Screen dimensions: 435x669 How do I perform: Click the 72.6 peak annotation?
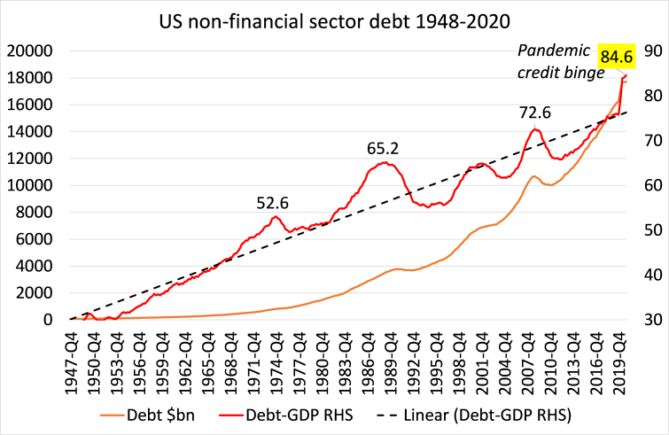pos(535,113)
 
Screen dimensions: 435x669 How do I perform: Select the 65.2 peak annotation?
pos(383,148)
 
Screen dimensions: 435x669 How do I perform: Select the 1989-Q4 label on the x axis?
pos(393,359)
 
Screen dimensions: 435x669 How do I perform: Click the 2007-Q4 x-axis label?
pos(531,359)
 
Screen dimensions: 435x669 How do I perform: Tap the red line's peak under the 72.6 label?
pos(535,129)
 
